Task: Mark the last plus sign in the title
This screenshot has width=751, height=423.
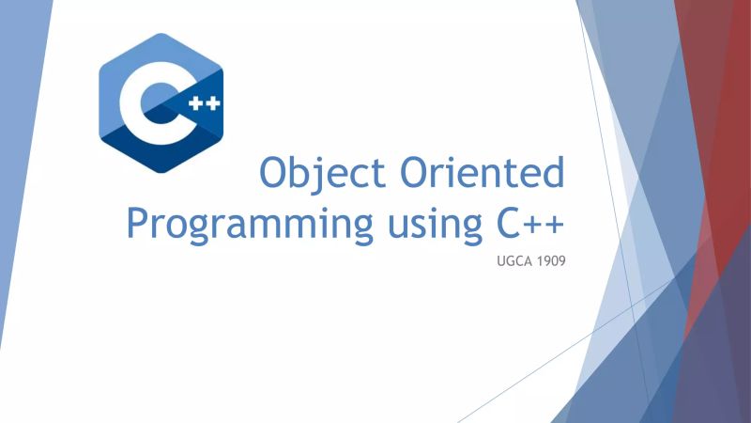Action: (x=559, y=224)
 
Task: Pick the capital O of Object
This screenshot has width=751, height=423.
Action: (x=275, y=175)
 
